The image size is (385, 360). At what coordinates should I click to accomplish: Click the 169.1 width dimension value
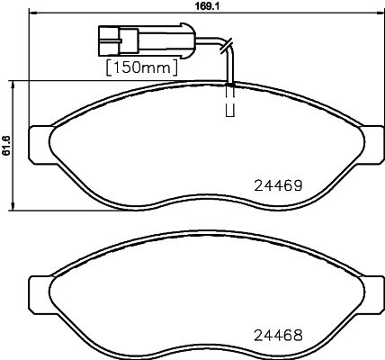click(x=207, y=5)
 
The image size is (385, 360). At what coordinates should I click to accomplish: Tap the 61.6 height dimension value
click(x=6, y=145)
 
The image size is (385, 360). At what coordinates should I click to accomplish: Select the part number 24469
click(x=278, y=186)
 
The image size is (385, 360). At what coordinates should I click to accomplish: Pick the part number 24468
click(x=278, y=336)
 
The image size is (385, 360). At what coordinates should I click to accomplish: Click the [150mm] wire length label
click(x=142, y=67)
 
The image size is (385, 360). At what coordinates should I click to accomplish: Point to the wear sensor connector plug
click(x=147, y=40)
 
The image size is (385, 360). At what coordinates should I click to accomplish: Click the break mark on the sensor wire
click(x=227, y=46)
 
